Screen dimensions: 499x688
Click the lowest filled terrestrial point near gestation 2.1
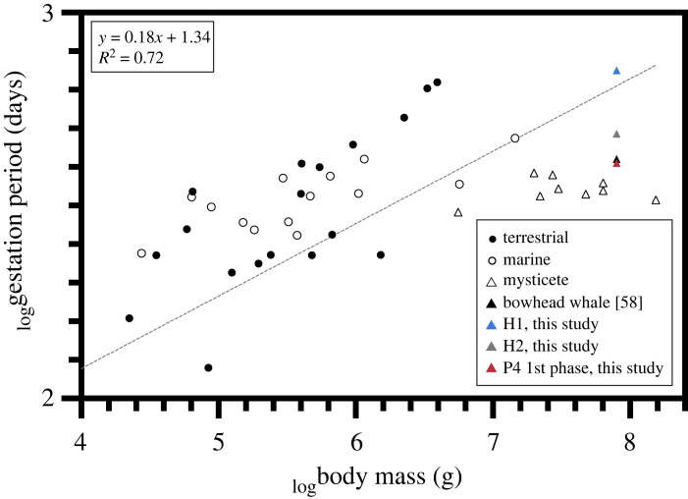tap(209, 367)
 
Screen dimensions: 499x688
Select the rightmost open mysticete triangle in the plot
tap(656, 200)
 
